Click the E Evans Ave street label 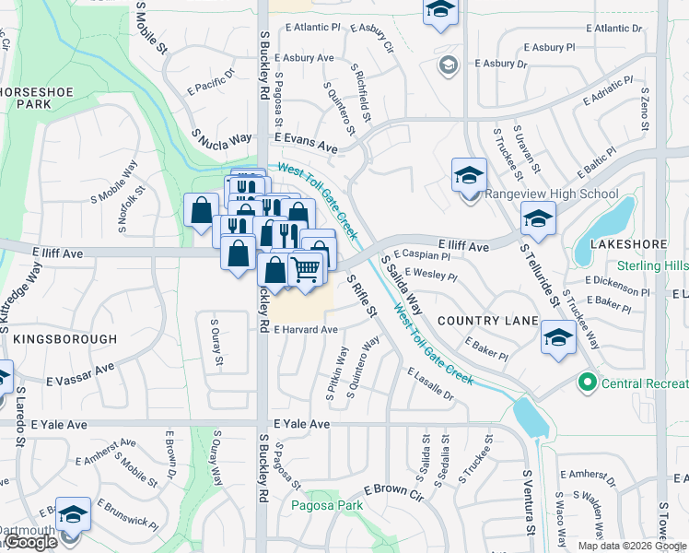point(306,146)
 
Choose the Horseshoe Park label point(32,99)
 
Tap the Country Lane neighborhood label point(487,320)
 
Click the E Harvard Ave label point(305,329)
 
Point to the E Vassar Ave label point(80,373)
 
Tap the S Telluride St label point(540,274)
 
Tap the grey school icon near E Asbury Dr point(448,65)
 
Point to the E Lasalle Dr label point(430,384)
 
